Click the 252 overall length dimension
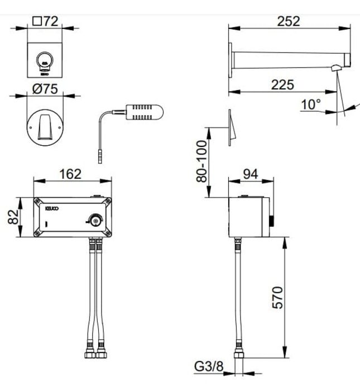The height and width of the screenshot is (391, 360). coord(288,21)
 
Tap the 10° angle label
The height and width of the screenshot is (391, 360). coord(310,104)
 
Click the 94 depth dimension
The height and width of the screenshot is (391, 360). coord(251,174)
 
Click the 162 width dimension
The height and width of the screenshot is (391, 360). coord(70,174)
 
